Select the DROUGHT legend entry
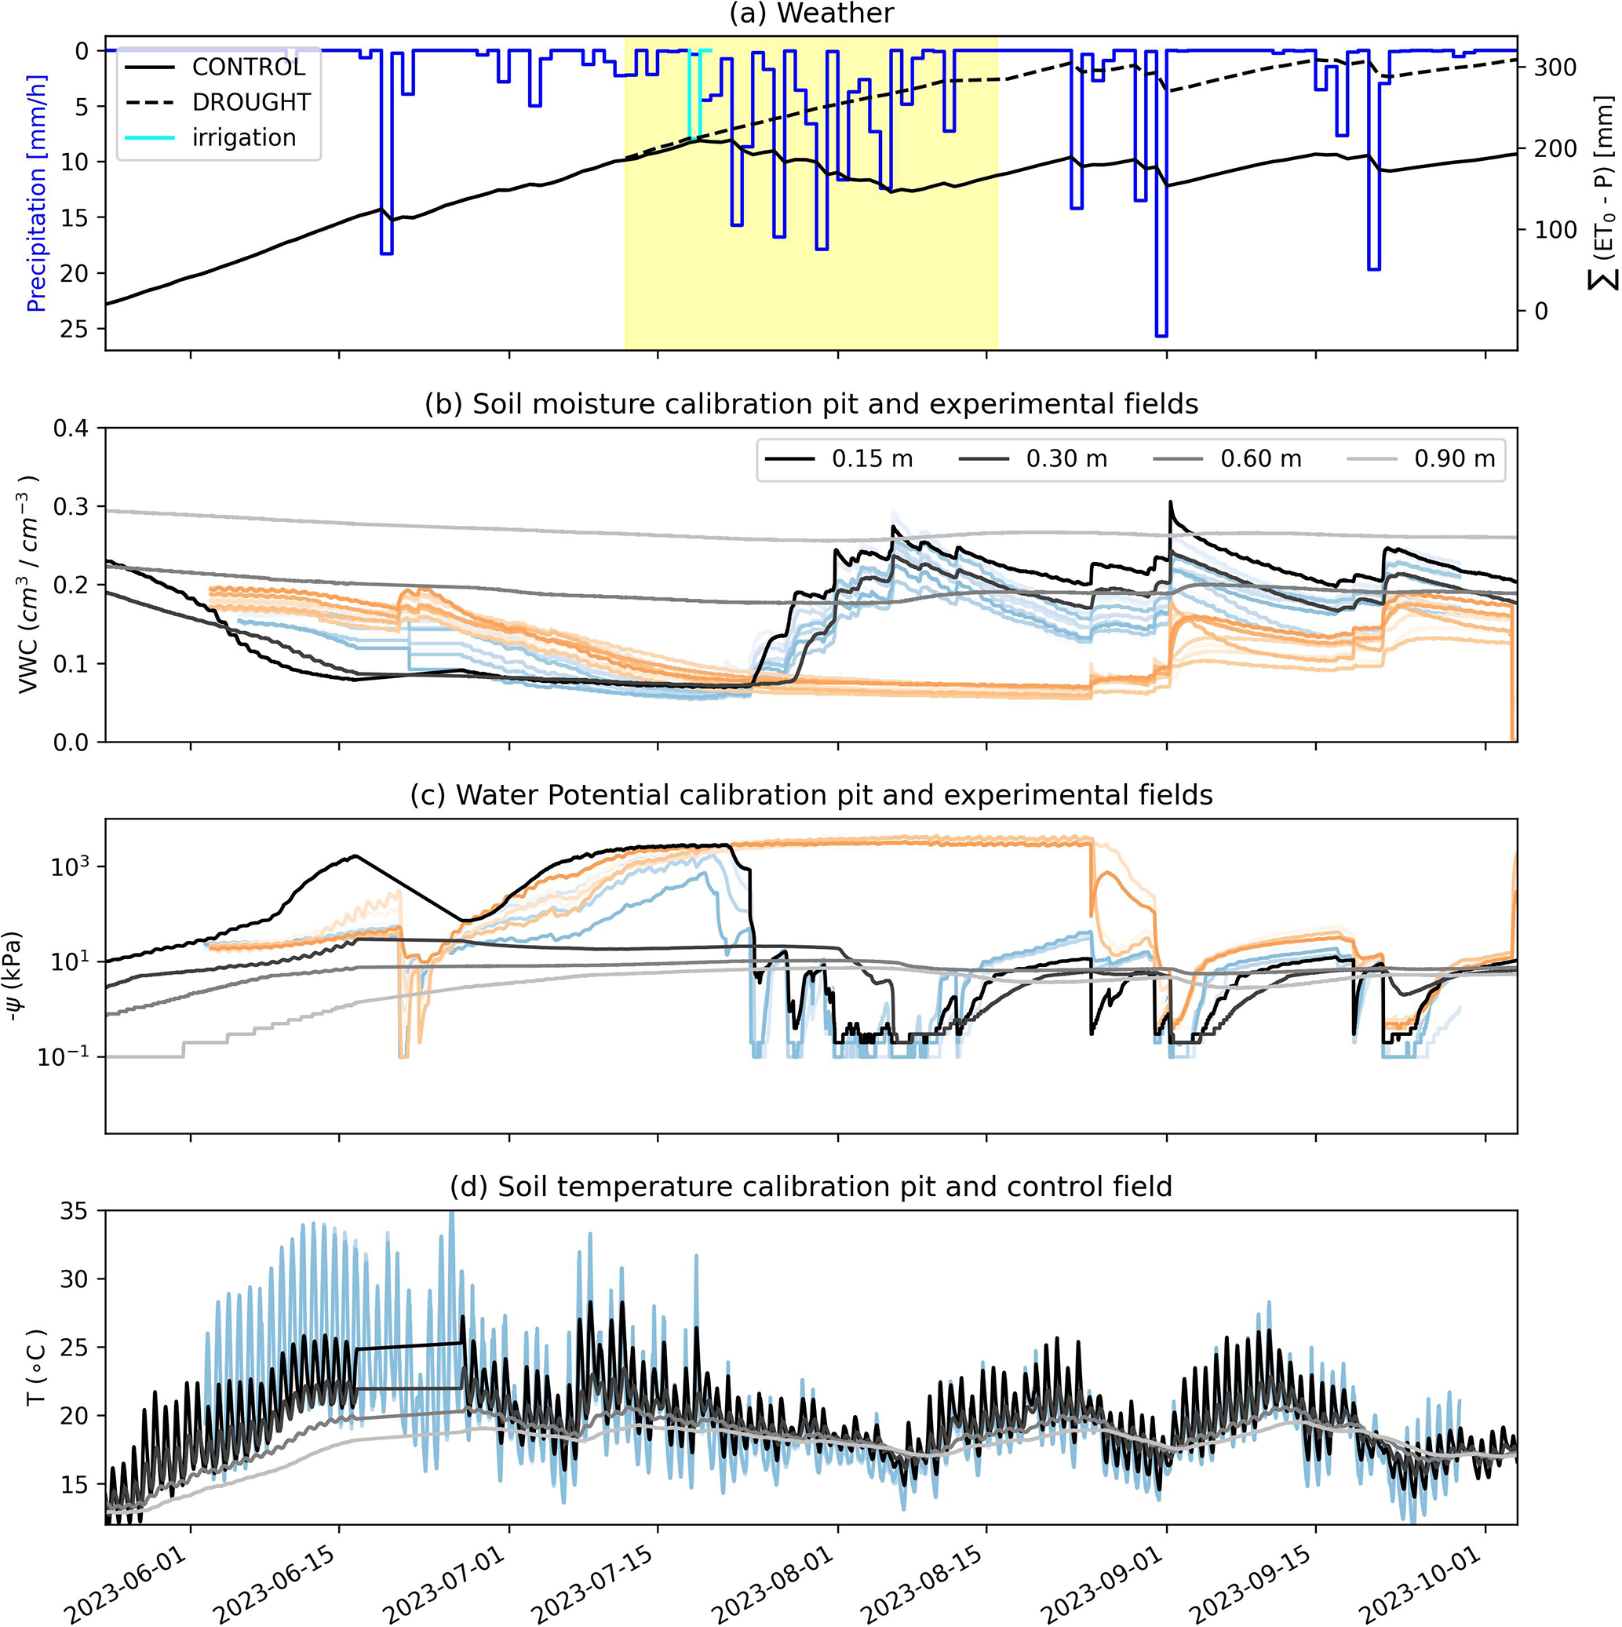click(x=251, y=102)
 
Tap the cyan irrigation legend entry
click(x=243, y=137)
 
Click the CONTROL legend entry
click(x=249, y=67)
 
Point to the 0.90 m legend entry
click(x=1454, y=459)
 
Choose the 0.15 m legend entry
click(x=872, y=459)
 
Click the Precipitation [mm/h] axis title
click(x=36, y=193)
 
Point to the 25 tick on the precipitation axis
click(x=75, y=328)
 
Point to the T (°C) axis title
click(x=36, y=1368)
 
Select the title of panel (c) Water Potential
click(x=811, y=795)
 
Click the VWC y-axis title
click(x=31, y=585)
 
